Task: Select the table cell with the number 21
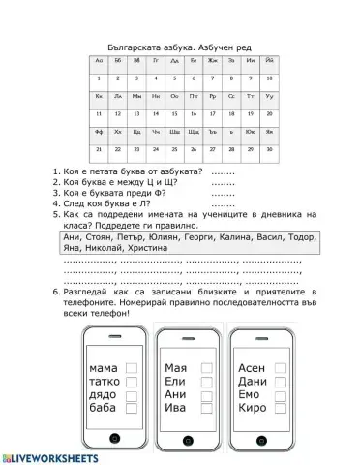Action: pyautogui.click(x=99, y=150)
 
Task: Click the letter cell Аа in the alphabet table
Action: pyautogui.click(x=99, y=60)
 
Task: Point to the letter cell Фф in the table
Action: pyautogui.click(x=99, y=133)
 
